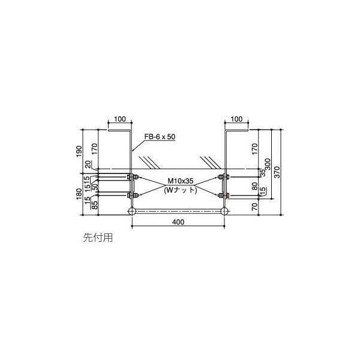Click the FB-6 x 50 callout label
160,137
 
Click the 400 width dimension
178,221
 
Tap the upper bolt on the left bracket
131,177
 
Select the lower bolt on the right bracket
224,195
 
